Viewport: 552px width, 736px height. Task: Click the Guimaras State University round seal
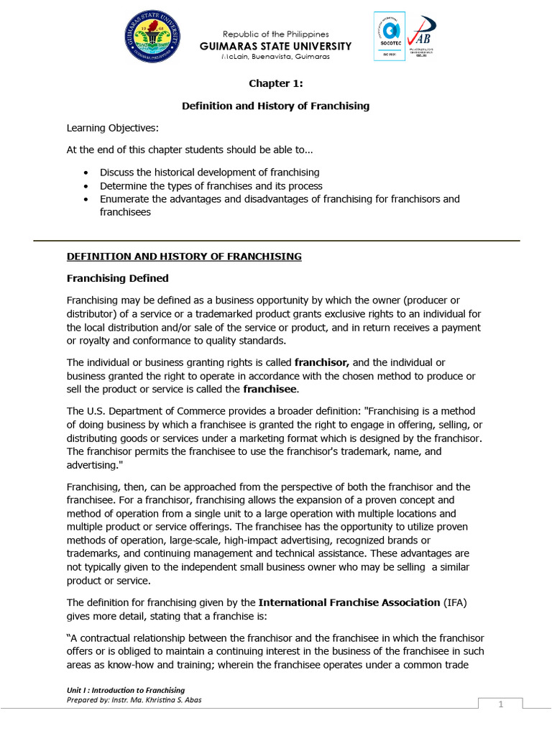point(152,36)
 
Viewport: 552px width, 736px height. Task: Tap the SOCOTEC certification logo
point(389,36)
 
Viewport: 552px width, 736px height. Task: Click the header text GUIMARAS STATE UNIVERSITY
point(276,46)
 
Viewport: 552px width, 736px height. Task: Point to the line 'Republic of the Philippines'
point(276,34)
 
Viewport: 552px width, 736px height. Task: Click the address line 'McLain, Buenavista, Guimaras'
point(276,57)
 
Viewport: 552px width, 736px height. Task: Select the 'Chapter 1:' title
point(275,83)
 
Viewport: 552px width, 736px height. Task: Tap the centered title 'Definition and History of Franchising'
point(275,106)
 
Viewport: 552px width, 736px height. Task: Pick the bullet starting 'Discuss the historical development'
point(209,172)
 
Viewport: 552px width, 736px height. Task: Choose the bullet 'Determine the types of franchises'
point(211,185)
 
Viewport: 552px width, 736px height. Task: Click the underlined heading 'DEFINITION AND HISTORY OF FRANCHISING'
point(184,256)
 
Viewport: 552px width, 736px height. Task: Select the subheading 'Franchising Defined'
point(118,277)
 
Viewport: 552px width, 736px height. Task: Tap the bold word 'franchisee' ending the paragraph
point(270,389)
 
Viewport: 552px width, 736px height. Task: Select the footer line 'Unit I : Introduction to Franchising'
point(125,690)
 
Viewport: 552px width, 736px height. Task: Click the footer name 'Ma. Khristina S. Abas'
point(166,700)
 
